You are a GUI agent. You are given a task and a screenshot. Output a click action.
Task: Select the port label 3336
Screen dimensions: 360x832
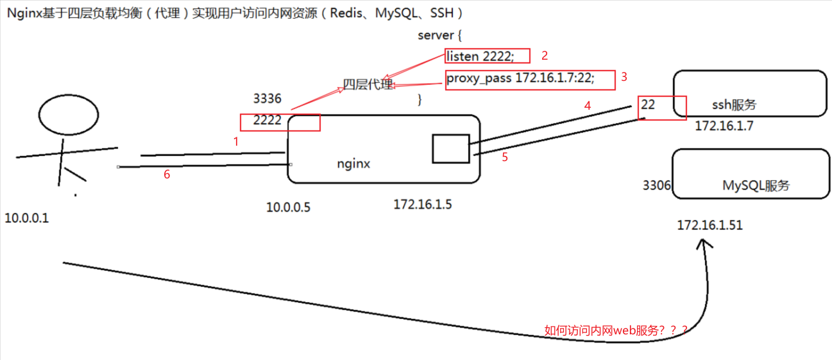(267, 99)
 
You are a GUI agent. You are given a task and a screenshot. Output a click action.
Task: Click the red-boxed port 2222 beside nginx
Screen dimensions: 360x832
(267, 120)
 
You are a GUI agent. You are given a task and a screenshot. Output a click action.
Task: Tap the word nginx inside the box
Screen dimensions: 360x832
(353, 164)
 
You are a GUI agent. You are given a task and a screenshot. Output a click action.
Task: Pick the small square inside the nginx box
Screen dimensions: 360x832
(450, 148)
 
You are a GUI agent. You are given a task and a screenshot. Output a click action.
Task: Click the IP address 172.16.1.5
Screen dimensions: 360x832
(422, 204)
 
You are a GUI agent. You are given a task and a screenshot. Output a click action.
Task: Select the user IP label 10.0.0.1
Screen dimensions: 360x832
(27, 218)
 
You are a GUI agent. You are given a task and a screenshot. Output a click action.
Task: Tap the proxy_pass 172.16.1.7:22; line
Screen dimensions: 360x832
(520, 79)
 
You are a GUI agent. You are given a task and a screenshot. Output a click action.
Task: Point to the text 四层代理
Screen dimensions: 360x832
(368, 85)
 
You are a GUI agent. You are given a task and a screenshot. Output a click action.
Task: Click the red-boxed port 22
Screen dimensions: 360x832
(649, 104)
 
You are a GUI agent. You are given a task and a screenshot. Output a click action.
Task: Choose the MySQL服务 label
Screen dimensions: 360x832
(756, 186)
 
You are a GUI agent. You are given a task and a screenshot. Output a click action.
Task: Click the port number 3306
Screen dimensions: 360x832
(656, 185)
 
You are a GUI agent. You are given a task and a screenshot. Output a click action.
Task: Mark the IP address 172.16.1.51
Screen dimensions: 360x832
(710, 225)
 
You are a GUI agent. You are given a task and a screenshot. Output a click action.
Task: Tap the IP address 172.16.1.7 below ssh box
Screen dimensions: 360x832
(724, 126)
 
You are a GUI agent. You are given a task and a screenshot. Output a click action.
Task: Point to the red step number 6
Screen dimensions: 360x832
(167, 174)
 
